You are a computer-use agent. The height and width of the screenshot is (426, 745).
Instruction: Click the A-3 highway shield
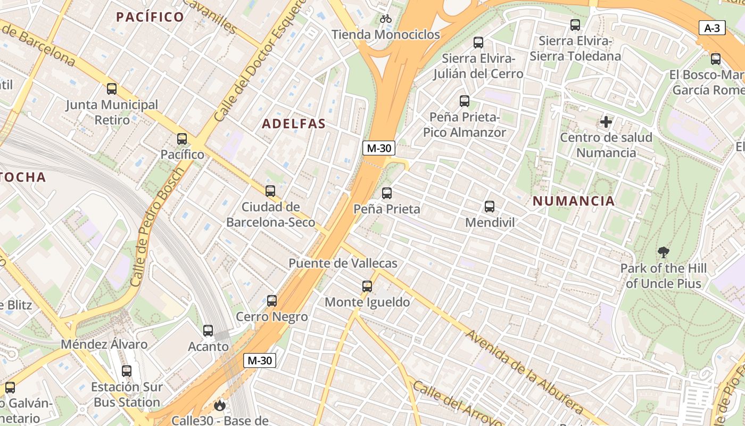click(712, 28)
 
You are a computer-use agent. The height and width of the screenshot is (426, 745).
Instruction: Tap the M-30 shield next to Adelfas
click(378, 148)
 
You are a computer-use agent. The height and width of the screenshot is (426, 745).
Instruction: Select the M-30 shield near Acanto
click(260, 361)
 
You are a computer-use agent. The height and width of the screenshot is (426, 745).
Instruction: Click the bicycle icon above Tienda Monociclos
click(386, 19)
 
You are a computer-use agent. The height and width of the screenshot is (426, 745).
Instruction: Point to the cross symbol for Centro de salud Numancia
click(606, 122)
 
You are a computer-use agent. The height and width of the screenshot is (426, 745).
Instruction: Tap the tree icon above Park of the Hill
click(663, 252)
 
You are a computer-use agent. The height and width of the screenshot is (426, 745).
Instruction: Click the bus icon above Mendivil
click(490, 207)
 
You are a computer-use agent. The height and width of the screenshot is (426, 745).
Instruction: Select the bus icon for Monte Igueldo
click(367, 286)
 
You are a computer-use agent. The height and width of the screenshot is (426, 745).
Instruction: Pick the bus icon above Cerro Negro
click(272, 301)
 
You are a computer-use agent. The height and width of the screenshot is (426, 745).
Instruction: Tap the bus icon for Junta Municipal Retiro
click(112, 89)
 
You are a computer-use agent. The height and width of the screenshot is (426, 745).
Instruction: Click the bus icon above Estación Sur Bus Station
click(127, 371)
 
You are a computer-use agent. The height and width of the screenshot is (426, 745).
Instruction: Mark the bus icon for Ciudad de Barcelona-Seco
click(270, 191)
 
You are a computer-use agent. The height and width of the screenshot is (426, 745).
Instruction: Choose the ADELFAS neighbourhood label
click(294, 124)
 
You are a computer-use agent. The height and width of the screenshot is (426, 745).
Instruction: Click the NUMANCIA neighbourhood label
click(574, 201)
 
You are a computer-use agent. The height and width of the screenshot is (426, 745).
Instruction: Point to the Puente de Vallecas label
click(343, 263)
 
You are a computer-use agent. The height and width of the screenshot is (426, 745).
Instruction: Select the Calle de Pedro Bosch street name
click(160, 226)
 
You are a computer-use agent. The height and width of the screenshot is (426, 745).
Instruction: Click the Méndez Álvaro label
click(104, 344)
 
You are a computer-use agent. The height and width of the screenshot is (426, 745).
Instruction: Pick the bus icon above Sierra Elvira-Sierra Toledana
click(575, 25)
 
